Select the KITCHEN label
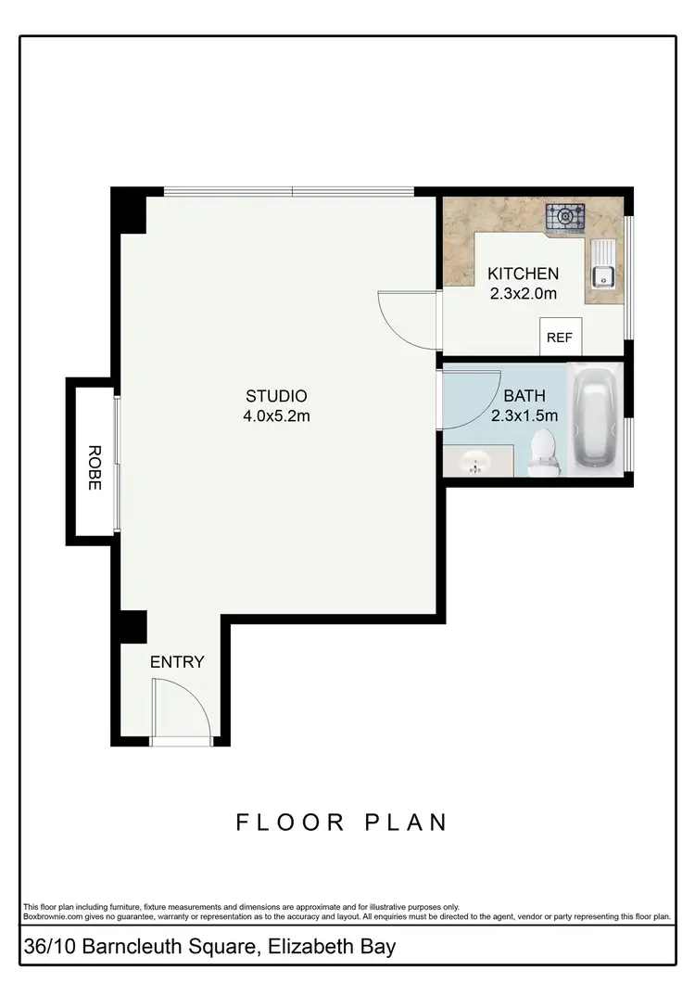(523, 274)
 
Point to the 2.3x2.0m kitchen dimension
(523, 294)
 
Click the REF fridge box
(560, 338)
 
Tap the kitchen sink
(603, 274)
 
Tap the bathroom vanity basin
(476, 461)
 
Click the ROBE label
(94, 467)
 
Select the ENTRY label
(177, 662)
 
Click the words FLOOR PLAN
(342, 823)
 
